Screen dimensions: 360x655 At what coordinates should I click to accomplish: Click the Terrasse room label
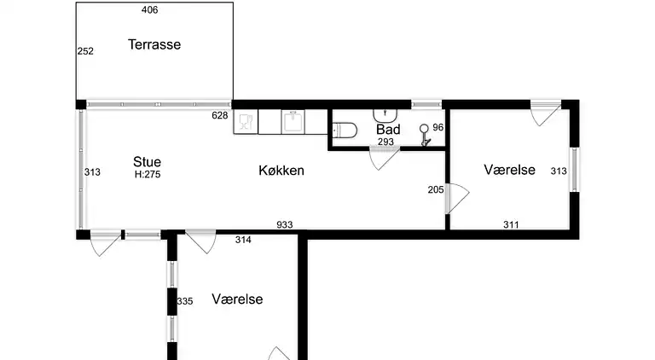(x=154, y=44)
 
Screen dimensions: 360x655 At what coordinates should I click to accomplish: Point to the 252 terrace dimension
(x=85, y=51)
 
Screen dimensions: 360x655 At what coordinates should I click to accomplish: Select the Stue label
(x=147, y=161)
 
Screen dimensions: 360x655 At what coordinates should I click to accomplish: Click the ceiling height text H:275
(x=148, y=174)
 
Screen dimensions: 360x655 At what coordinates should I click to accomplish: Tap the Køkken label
(x=281, y=171)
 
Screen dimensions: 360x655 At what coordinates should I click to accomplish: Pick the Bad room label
(x=388, y=130)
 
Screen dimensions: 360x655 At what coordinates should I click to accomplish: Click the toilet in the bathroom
(x=345, y=131)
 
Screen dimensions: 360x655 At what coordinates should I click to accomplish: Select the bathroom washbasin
(x=387, y=113)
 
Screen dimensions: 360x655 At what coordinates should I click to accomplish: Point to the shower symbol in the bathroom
(x=425, y=132)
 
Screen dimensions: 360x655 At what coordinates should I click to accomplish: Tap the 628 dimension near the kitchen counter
(x=220, y=115)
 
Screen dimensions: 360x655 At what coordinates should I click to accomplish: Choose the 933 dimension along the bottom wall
(x=285, y=225)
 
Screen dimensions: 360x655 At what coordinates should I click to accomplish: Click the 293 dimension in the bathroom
(x=386, y=142)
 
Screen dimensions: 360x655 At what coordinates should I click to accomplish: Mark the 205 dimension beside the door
(x=435, y=190)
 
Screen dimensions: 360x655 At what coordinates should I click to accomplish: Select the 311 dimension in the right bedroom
(x=510, y=225)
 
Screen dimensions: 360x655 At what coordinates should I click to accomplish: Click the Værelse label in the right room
(x=509, y=170)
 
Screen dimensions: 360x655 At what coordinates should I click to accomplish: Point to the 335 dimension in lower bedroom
(x=185, y=301)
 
